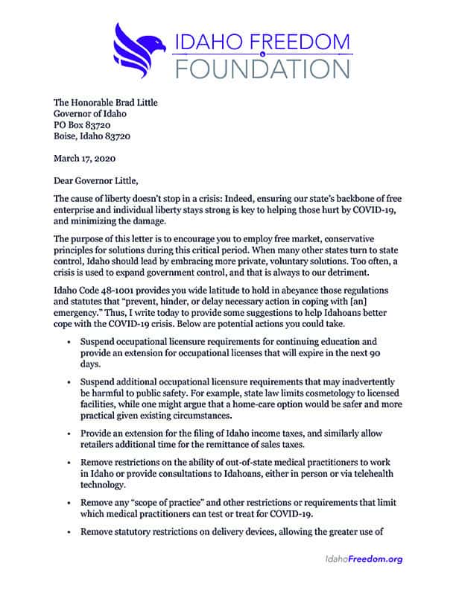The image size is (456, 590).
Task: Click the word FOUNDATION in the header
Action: point(253,68)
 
